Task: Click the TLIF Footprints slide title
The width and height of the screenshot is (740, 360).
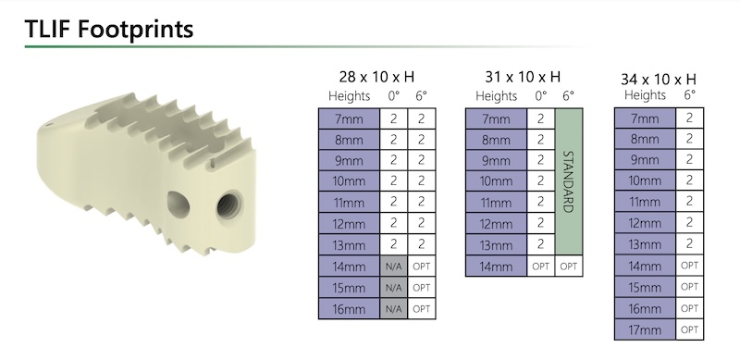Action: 109,29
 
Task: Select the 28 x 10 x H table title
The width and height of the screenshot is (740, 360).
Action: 376,77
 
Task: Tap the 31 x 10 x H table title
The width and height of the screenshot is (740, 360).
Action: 523,76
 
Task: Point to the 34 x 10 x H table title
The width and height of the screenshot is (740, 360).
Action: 659,79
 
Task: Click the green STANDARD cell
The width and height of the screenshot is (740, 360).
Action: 569,182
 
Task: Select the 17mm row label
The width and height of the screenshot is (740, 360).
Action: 645,329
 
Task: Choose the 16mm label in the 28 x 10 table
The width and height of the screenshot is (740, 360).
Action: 350,309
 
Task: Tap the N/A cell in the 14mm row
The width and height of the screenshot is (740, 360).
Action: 394,267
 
